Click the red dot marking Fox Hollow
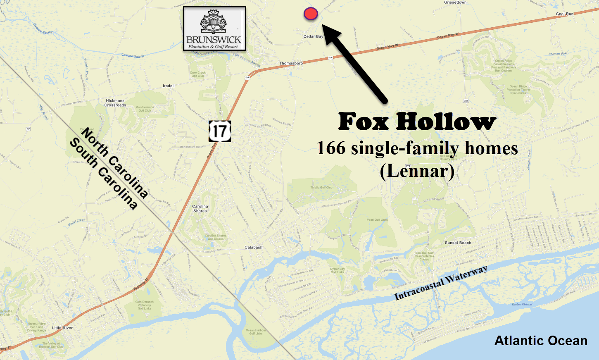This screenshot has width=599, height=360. (311, 14)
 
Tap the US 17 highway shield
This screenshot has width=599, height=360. (220, 131)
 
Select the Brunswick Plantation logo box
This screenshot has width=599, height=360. (214, 29)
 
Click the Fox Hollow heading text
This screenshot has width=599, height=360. (417, 122)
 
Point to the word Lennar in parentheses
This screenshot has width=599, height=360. (417, 171)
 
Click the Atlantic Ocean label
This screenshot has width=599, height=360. (541, 341)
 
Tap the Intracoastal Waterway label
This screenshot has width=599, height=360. (441, 283)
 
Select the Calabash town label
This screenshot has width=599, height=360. (253, 247)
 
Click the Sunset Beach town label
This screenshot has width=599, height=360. (458, 243)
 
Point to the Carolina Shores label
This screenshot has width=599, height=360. (200, 208)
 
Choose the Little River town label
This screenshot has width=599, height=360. (62, 328)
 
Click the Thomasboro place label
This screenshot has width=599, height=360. (291, 63)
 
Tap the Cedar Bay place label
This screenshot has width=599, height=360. (313, 36)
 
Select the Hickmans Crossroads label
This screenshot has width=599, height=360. (115, 103)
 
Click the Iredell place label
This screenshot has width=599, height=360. (169, 86)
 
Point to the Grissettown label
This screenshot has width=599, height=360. (455, 2)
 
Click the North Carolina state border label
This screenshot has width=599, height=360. (114, 162)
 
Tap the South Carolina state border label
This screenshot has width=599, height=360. (103, 174)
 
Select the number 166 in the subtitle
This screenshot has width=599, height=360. (330, 148)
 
